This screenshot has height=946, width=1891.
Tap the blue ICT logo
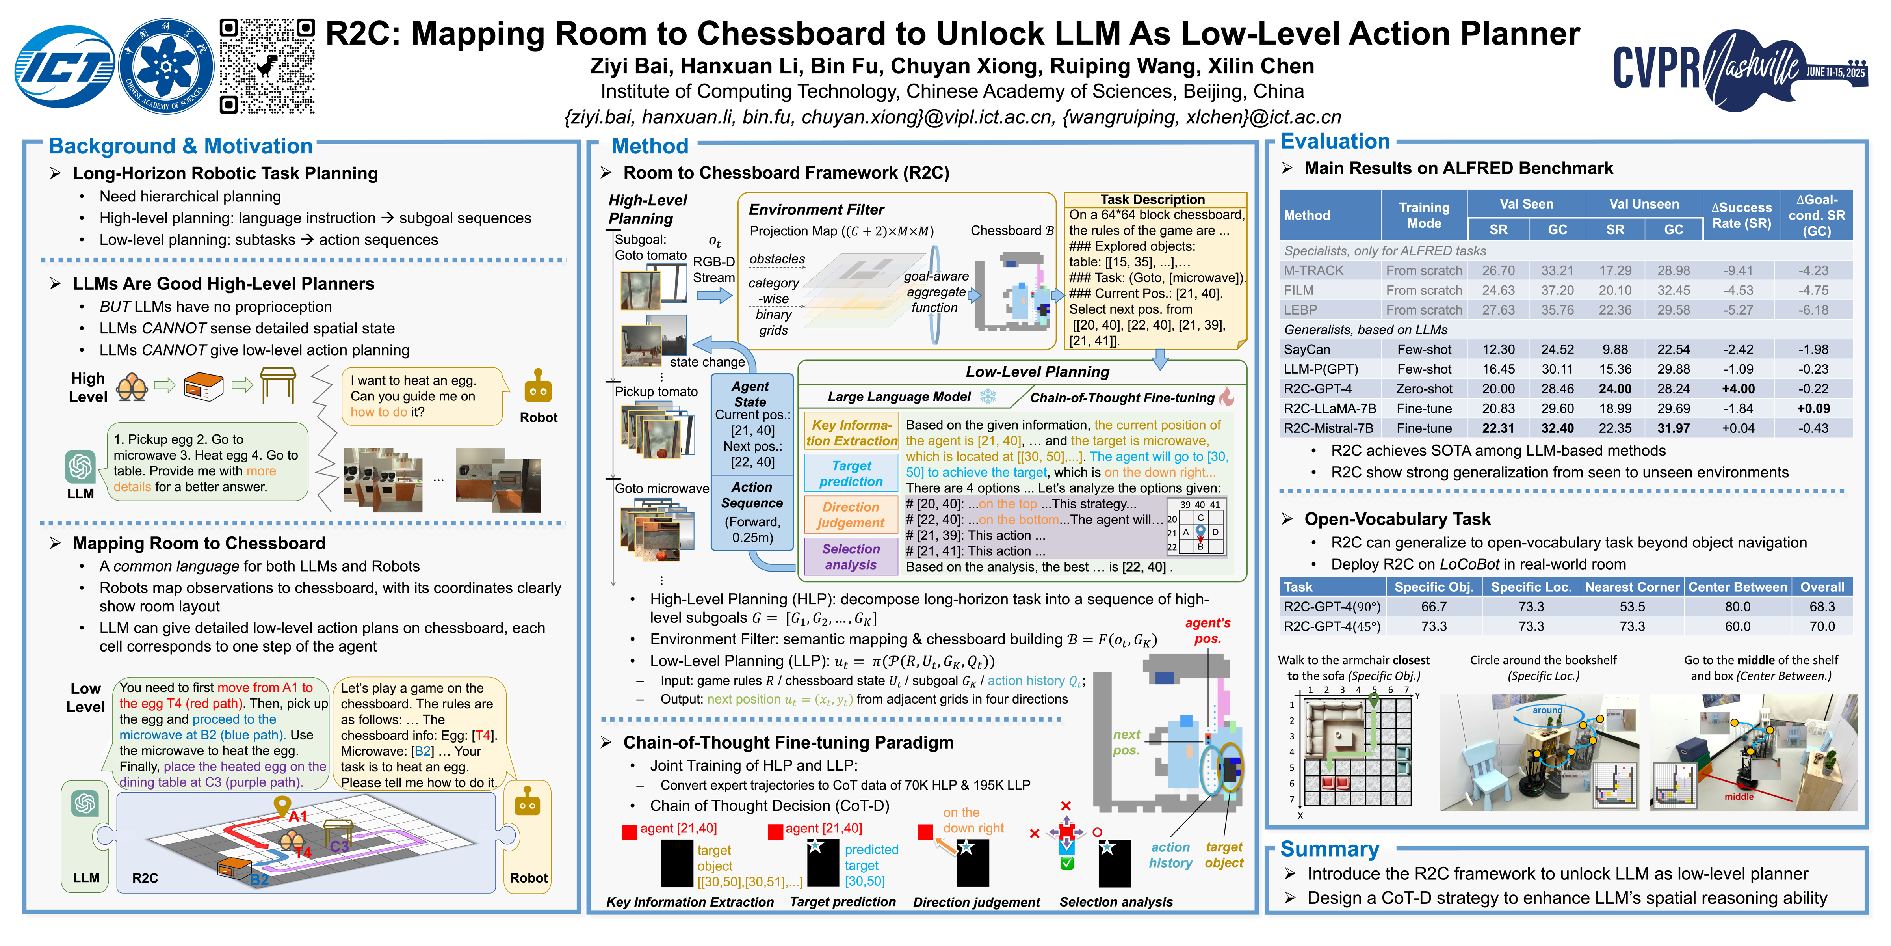pos(65,67)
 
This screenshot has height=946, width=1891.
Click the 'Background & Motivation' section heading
pos(180,146)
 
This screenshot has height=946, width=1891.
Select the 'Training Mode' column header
pos(1423,215)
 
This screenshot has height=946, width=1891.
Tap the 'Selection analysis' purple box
pos(851,557)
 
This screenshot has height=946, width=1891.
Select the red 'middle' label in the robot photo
pos(1738,797)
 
